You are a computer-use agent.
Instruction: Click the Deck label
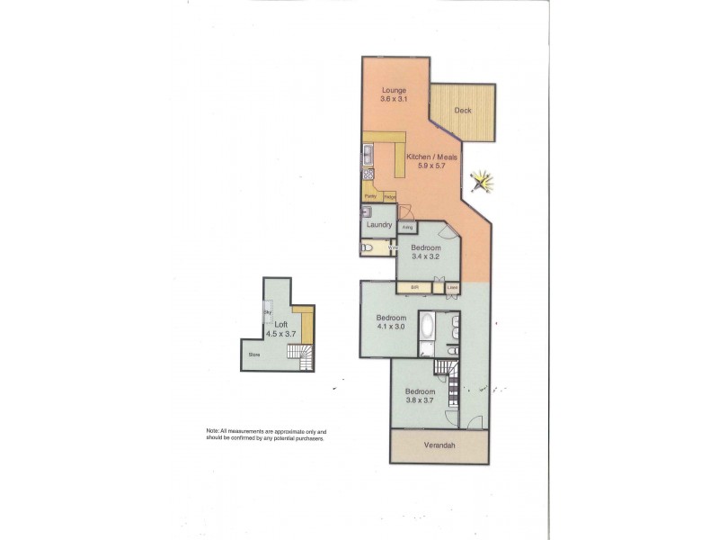tap(463, 111)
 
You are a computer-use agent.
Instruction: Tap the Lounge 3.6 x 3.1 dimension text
tap(394, 100)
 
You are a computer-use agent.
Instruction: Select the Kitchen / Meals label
tap(431, 157)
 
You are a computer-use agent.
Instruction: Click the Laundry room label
tap(379, 225)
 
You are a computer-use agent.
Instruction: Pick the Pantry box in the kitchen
tap(370, 195)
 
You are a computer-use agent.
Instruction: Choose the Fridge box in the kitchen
tap(389, 195)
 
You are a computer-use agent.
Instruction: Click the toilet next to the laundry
tap(366, 247)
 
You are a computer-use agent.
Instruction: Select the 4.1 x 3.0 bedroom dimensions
tap(392, 328)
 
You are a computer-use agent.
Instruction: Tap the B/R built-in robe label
tap(415, 288)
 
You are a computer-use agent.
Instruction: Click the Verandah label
tap(439, 445)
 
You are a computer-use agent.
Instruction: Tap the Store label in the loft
tap(254, 355)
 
